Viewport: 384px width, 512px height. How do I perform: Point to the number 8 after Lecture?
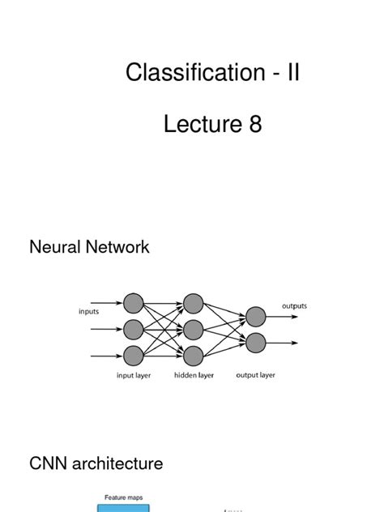click(256, 126)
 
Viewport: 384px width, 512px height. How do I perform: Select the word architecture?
click(117, 463)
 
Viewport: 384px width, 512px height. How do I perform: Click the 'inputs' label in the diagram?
click(89, 309)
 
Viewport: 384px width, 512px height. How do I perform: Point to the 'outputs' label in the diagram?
click(294, 305)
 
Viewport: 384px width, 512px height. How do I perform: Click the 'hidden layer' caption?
click(194, 375)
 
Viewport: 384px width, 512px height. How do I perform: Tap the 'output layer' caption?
click(256, 375)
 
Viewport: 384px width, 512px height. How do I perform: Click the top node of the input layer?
click(133, 303)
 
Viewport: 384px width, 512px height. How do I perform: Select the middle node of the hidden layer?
click(193, 329)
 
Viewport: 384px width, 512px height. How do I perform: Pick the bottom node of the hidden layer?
click(193, 355)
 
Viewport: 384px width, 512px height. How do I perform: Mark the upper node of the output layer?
click(255, 316)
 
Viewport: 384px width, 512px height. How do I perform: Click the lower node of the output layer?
click(255, 342)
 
